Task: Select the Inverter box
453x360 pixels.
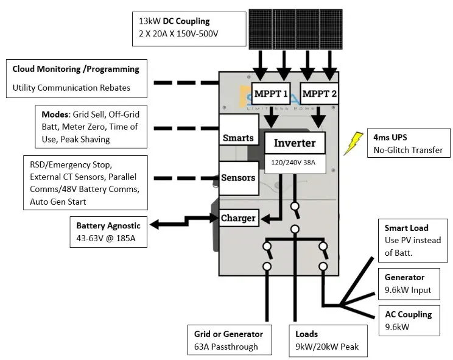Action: coord(295,143)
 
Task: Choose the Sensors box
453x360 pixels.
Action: coord(238,178)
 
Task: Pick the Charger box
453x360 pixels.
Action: coord(238,218)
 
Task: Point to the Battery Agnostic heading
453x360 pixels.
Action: coord(108,225)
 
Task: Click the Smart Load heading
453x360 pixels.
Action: coord(407,228)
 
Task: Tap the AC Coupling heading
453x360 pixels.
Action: coord(408,314)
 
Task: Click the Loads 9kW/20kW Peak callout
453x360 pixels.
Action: coord(328,340)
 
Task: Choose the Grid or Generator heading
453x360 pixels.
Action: coord(228,334)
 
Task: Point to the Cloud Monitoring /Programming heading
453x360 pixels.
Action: coord(75,69)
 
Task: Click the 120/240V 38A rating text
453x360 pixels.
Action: coord(295,163)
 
